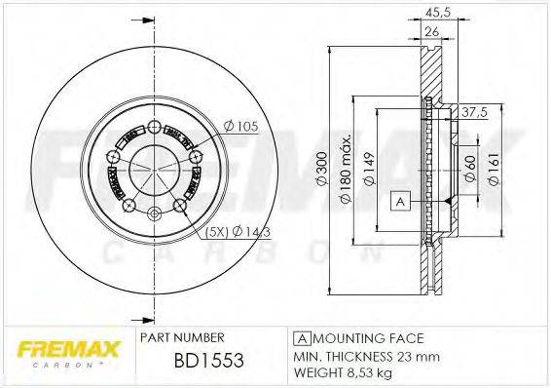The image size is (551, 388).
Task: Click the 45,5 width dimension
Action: [437, 14]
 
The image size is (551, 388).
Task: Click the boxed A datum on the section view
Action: [399, 201]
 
